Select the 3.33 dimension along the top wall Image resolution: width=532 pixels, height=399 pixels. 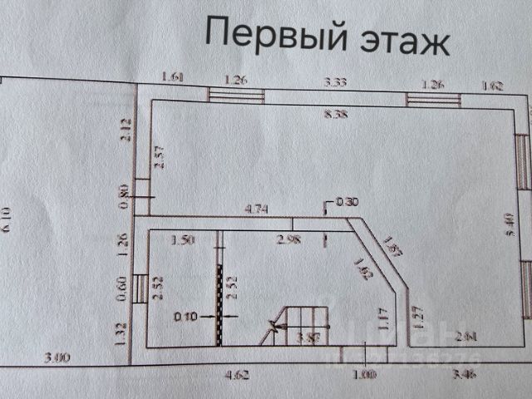(x=334, y=81)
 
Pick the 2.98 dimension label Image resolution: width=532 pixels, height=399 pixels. (x=288, y=240)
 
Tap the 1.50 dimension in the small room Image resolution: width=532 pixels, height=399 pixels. (x=182, y=240)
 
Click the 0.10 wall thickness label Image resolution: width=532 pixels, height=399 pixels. (x=186, y=316)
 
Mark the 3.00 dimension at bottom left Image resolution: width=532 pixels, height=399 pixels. (x=57, y=357)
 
